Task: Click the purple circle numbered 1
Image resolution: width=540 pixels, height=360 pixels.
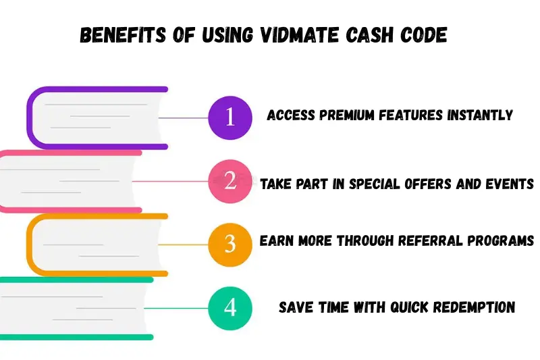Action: [230, 118]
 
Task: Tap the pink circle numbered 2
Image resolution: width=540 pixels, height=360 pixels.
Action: [230, 181]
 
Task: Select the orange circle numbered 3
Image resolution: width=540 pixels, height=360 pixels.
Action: [230, 244]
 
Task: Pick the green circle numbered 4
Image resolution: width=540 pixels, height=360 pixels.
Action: [230, 307]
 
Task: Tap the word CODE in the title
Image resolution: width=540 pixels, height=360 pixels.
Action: [424, 36]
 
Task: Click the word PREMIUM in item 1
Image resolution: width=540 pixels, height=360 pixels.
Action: [342, 115]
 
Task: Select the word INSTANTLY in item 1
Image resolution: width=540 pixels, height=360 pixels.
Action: [479, 115]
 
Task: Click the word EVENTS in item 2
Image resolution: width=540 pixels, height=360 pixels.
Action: [511, 183]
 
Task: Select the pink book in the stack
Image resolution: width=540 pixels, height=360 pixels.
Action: [67, 181]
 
